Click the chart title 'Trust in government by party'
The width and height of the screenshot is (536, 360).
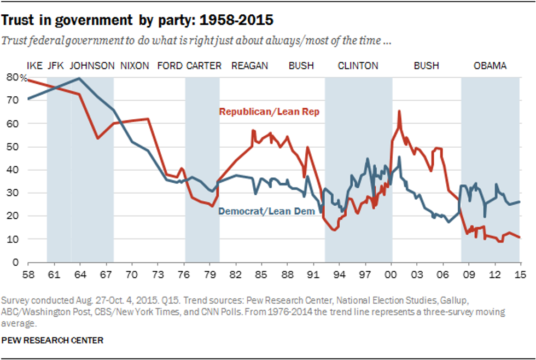point(137,20)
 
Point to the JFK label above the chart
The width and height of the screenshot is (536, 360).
point(56,66)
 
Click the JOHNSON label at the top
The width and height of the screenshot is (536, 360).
point(92,66)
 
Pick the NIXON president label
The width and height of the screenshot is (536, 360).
point(134,66)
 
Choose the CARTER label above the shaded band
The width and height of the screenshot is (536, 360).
point(203,66)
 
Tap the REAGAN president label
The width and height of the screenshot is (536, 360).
point(249,66)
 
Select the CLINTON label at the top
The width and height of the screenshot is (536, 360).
point(358,66)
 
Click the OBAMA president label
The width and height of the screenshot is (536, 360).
point(490,66)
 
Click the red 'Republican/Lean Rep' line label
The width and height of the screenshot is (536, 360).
point(269,112)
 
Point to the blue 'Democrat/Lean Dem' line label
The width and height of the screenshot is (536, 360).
point(267,211)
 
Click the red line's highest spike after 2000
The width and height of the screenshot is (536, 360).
point(399,111)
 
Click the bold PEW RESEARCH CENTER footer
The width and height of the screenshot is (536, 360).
point(53,340)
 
